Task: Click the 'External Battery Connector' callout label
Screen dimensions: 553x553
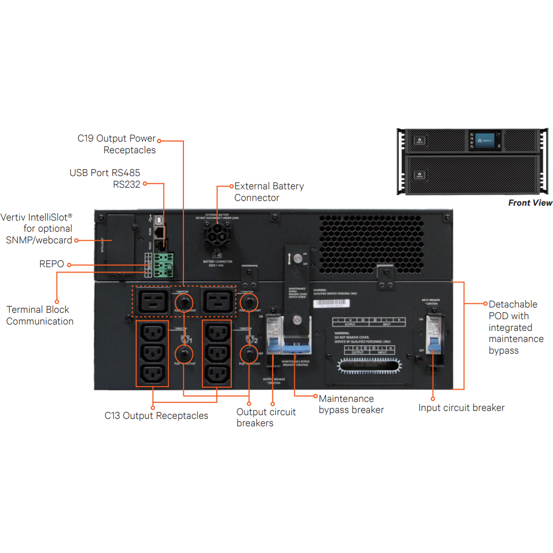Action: [x=269, y=192]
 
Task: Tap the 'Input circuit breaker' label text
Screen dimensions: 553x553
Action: [x=461, y=408]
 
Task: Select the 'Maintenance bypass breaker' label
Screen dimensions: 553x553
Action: [x=351, y=404]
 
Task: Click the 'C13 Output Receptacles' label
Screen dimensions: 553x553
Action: [x=156, y=416]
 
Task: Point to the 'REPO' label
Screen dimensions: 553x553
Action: [x=51, y=264]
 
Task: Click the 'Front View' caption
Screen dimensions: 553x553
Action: [x=530, y=203]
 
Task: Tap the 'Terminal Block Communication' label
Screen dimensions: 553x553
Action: [x=39, y=315]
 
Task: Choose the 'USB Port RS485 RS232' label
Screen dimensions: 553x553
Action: [x=105, y=179]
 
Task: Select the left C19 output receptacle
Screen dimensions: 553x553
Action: [x=154, y=302]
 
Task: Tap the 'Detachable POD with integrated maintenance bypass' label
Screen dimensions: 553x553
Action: [x=508, y=327]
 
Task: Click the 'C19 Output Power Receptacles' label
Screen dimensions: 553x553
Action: [x=117, y=144]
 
